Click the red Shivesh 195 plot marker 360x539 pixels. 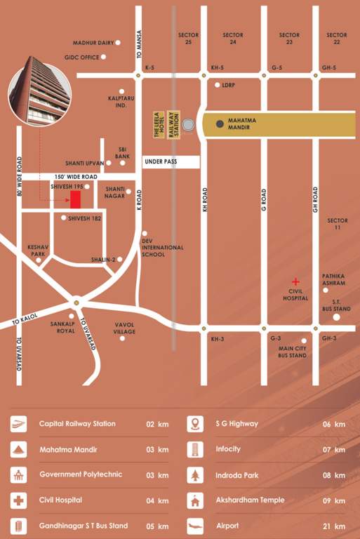click(x=75, y=199)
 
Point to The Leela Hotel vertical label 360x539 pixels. click(x=159, y=124)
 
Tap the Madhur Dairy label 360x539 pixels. click(x=93, y=42)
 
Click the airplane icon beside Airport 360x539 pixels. click(x=195, y=526)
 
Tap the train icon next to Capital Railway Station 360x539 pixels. click(x=19, y=424)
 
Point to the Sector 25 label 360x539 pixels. click(x=188, y=39)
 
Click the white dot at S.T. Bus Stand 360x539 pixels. click(x=336, y=317)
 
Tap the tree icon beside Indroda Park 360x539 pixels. click(x=195, y=475)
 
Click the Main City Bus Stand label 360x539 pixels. click(x=292, y=352)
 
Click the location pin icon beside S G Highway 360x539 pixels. click(x=195, y=424)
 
